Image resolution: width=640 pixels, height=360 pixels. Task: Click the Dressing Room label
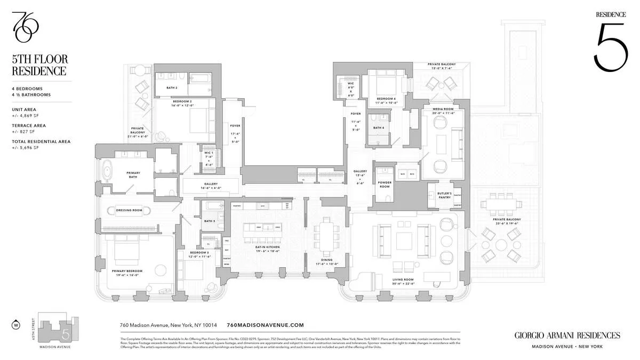coord(129,210)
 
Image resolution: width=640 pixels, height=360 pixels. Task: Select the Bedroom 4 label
coord(386,100)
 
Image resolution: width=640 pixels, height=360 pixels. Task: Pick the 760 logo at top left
coord(25,27)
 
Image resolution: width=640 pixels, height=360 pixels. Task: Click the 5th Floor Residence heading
coord(41,65)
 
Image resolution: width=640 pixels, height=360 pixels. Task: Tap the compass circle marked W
coord(15,324)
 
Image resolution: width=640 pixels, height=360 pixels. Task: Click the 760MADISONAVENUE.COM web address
coord(265,325)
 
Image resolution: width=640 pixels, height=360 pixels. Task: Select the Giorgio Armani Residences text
coord(567,335)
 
